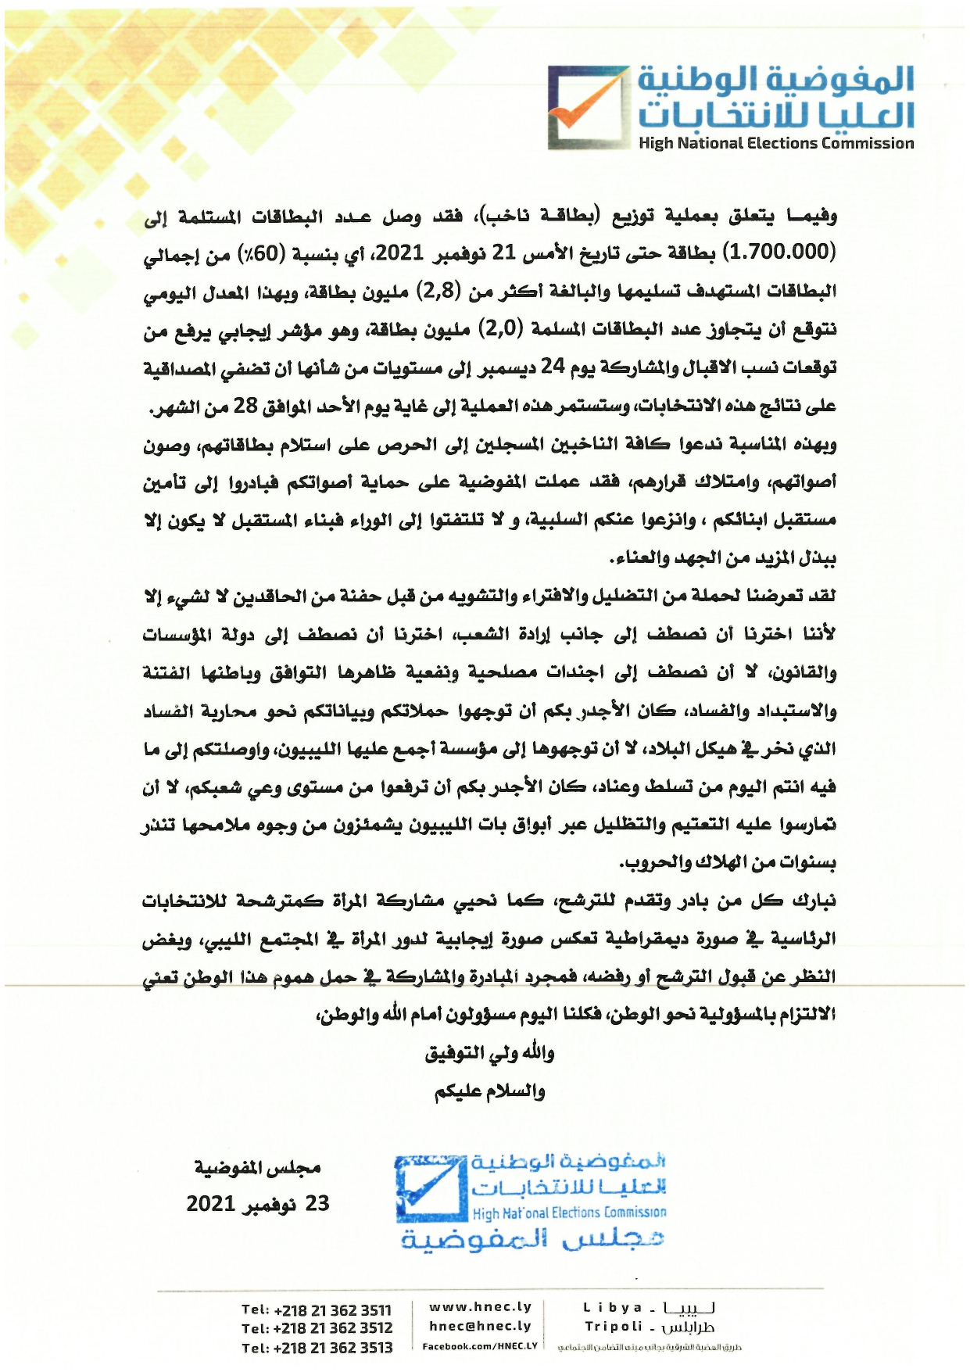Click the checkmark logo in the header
click(x=588, y=107)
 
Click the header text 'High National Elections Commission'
click(x=775, y=143)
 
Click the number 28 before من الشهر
click(x=245, y=406)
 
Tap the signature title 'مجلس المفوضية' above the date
click(x=257, y=1168)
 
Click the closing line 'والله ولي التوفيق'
click(x=489, y=1054)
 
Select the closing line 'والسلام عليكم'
click(x=489, y=1091)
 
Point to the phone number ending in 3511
click(x=317, y=1309)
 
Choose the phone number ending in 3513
click(x=317, y=1347)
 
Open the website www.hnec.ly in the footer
click(x=480, y=1306)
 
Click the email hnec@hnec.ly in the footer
click(x=480, y=1326)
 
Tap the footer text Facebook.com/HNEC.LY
click(x=480, y=1346)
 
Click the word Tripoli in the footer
click(x=613, y=1326)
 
